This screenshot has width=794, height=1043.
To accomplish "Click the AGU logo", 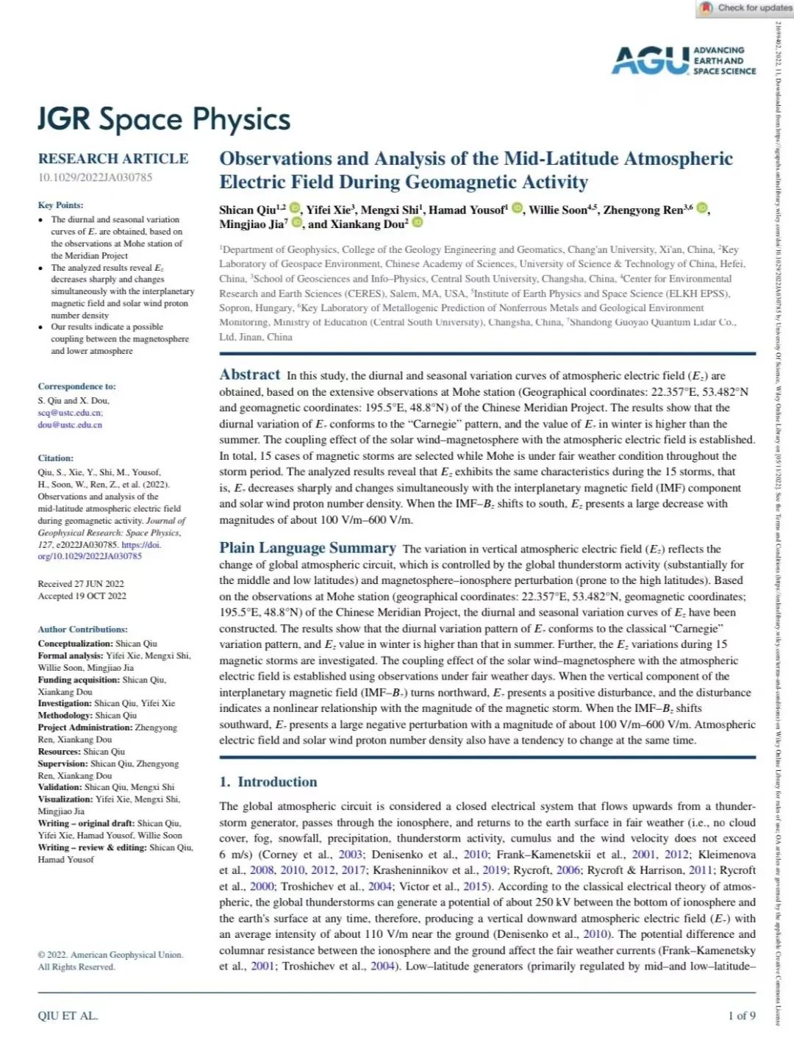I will click(x=651, y=60).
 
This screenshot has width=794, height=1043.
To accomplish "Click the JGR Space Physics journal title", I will click(x=164, y=119).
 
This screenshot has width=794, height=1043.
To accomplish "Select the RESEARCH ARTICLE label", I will click(x=113, y=158).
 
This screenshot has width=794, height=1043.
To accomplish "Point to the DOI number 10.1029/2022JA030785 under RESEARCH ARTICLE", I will click(x=95, y=177).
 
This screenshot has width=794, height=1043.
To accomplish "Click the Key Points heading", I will click(x=60, y=205).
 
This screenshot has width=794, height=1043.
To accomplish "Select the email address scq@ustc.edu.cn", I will click(x=70, y=413).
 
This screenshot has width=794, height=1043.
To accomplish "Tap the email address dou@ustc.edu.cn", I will click(x=70, y=424).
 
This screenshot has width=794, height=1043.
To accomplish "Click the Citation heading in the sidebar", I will click(x=56, y=458).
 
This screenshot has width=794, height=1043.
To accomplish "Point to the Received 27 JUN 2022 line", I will click(x=81, y=583).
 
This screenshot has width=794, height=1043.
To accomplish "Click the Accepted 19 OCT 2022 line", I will click(x=82, y=596).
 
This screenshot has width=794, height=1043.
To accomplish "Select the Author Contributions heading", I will click(x=82, y=629).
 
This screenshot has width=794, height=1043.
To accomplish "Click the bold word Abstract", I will click(x=250, y=374).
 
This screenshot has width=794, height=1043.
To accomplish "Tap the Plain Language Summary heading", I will click(x=307, y=548).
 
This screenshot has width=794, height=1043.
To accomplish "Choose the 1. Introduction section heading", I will click(x=268, y=782).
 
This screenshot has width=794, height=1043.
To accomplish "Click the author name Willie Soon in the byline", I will click(x=558, y=210).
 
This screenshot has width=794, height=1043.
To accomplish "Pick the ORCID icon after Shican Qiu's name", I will click(x=295, y=209).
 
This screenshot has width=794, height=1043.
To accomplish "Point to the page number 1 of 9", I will click(x=741, y=1016).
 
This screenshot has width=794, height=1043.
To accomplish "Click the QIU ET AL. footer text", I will click(x=68, y=1016).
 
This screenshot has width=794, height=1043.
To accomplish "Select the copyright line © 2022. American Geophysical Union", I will click(x=110, y=955).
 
